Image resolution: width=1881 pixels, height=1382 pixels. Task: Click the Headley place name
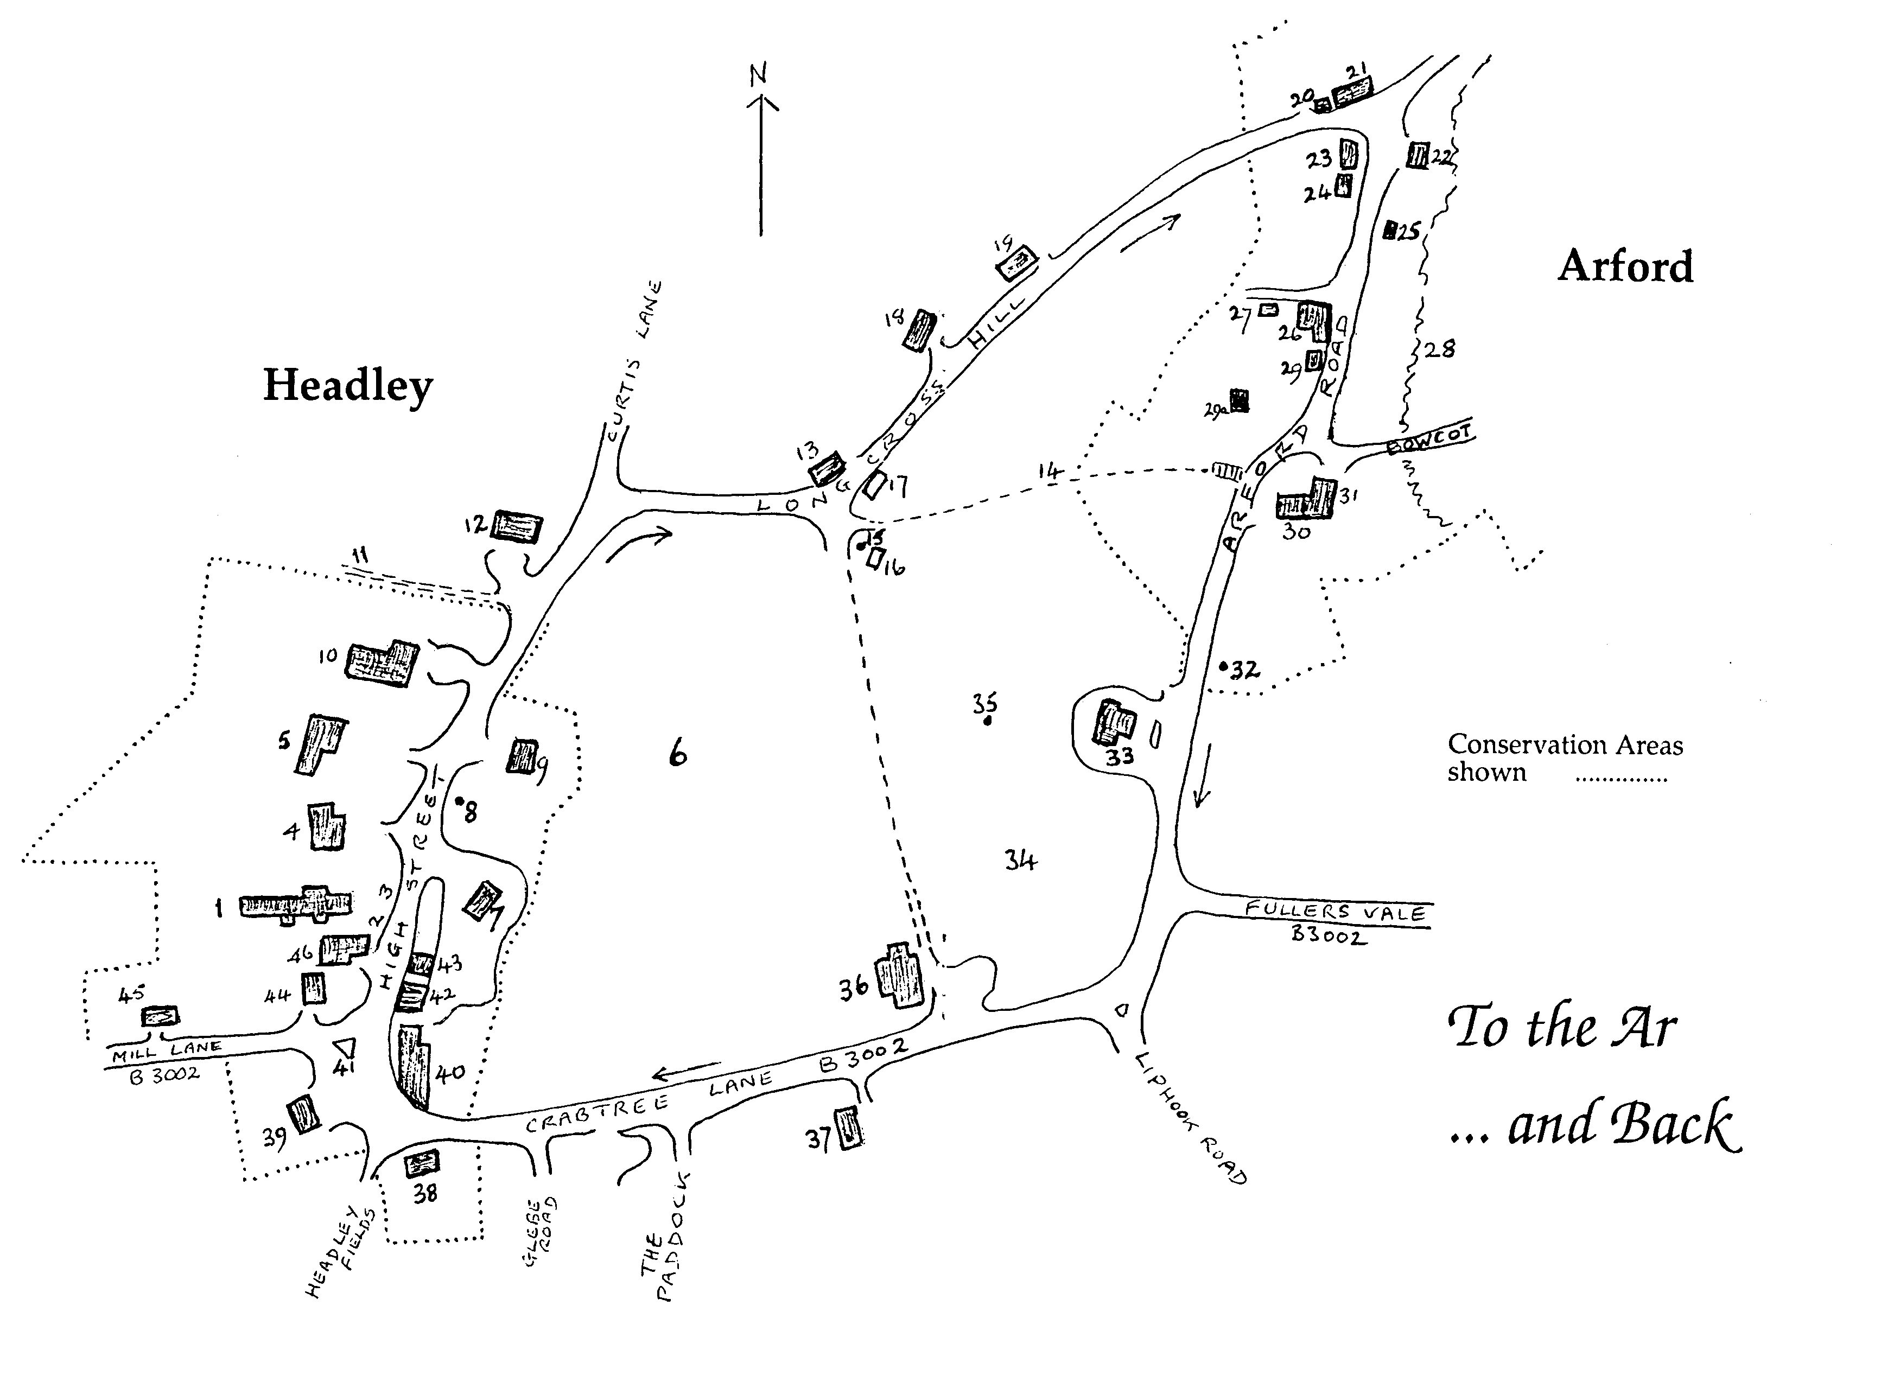pyautogui.click(x=348, y=386)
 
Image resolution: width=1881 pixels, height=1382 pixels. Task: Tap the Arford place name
pyautogui.click(x=1625, y=267)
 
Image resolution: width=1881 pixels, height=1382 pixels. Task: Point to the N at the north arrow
pyautogui.click(x=758, y=76)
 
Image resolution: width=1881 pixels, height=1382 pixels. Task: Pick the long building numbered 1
pyautogui.click(x=295, y=905)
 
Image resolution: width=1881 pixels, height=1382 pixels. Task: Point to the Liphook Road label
pyautogui.click(x=1191, y=1118)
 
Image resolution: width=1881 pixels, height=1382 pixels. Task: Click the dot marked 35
pyautogui.click(x=987, y=721)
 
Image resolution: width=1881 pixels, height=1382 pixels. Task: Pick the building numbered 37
pyautogui.click(x=849, y=1127)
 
